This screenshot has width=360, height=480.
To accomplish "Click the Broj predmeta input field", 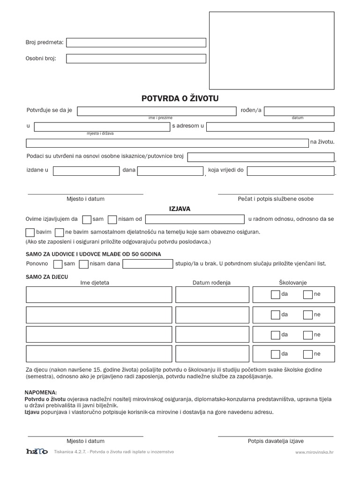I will (136, 43).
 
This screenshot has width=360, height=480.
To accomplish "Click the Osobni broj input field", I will (136, 59).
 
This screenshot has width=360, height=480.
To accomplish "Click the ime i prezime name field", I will (157, 111).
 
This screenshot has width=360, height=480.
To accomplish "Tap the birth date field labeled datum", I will (299, 111).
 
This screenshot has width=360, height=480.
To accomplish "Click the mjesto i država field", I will (102, 127).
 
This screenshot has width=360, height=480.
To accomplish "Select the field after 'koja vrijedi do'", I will (291, 171).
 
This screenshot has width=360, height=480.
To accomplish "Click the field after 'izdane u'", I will (86, 171).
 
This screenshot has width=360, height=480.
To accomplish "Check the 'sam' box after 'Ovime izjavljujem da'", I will (87, 219).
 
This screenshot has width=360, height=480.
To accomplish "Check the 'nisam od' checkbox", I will (112, 219).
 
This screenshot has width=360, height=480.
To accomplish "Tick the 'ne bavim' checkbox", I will (59, 232).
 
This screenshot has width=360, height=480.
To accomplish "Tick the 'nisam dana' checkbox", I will (84, 264).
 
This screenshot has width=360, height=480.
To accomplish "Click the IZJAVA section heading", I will (180, 209).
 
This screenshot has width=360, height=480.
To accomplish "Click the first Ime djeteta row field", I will (99, 294).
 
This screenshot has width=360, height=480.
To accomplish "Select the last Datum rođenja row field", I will (212, 354).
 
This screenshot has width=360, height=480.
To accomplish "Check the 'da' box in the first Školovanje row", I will (275, 294).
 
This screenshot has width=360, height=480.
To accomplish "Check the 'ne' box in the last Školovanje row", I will (307, 354).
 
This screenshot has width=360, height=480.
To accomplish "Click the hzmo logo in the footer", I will (37, 451).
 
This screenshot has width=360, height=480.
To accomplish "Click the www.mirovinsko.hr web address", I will (314, 452).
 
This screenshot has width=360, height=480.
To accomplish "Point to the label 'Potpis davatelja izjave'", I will (276, 441).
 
